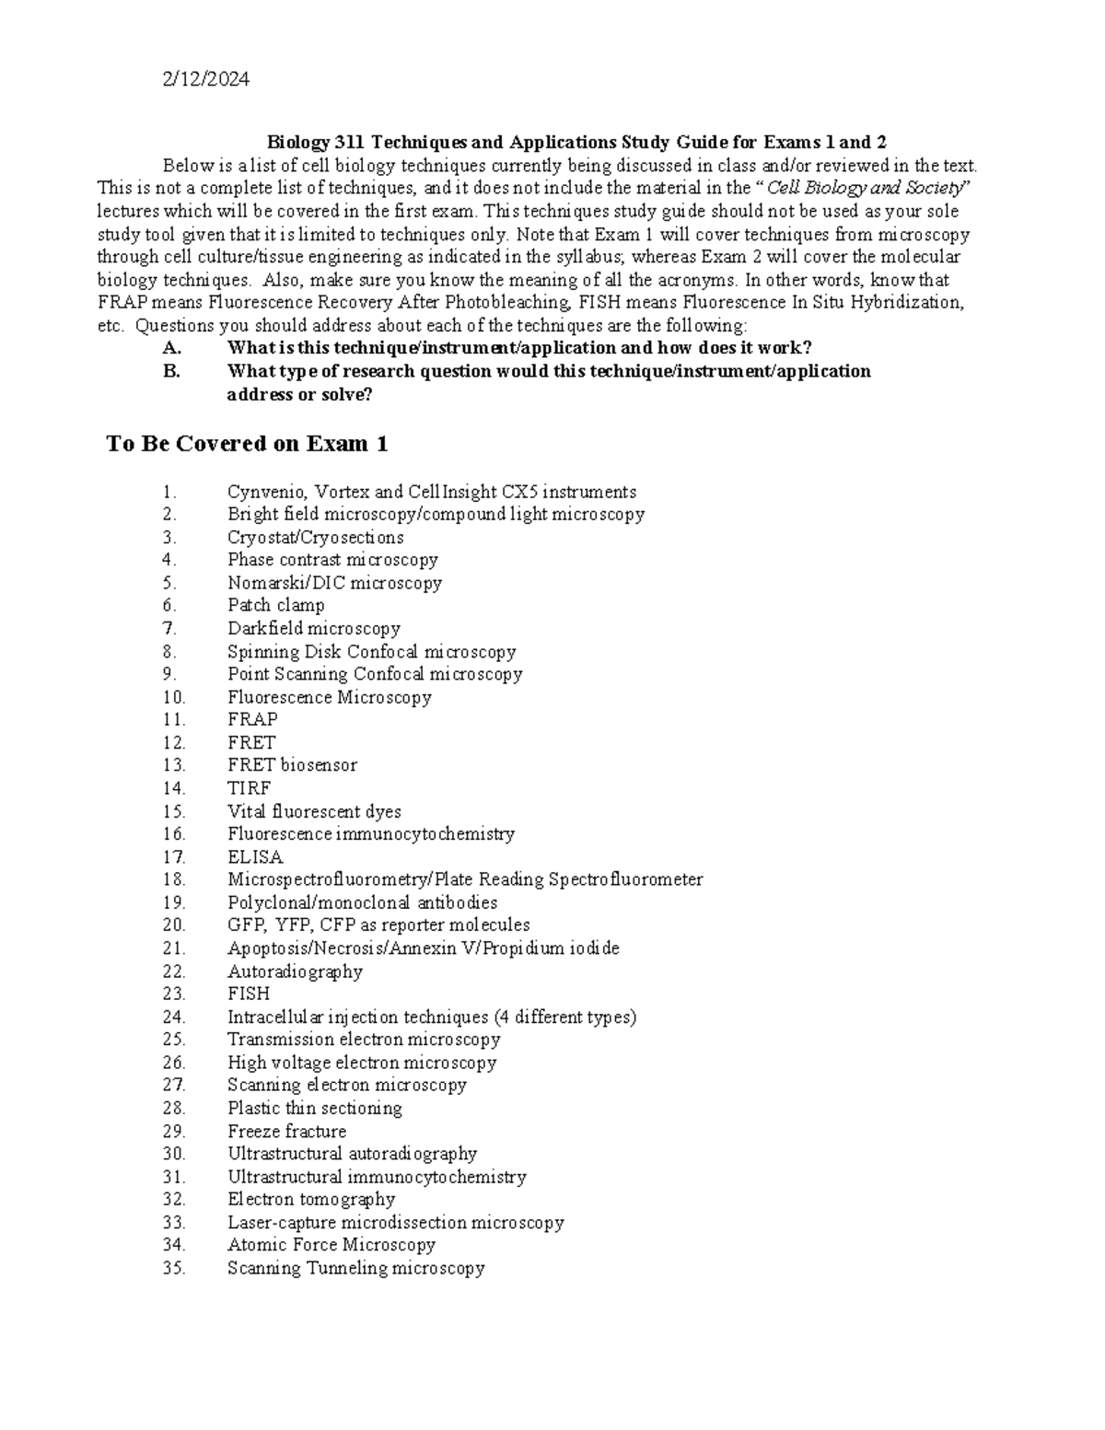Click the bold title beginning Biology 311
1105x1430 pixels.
coord(576,142)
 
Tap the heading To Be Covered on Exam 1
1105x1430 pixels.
coord(247,444)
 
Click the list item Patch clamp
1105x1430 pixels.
coord(276,606)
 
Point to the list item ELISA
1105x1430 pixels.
coord(255,856)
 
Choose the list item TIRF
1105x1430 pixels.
coord(249,788)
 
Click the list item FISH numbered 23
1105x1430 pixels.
coord(249,994)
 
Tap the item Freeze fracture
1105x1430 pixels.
coord(287,1131)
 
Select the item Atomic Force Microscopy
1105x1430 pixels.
coord(331,1245)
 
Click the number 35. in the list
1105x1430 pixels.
coord(173,1268)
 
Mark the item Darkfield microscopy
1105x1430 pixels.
coord(314,629)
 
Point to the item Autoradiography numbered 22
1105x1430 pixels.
coord(295,971)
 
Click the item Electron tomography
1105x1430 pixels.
coord(311,1199)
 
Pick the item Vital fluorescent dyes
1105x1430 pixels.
coord(314,811)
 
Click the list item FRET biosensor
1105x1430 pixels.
coord(292,765)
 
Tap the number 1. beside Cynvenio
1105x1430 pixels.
coord(169,492)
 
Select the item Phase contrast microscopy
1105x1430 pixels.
coord(332,560)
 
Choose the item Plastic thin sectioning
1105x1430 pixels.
coord(315,1108)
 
